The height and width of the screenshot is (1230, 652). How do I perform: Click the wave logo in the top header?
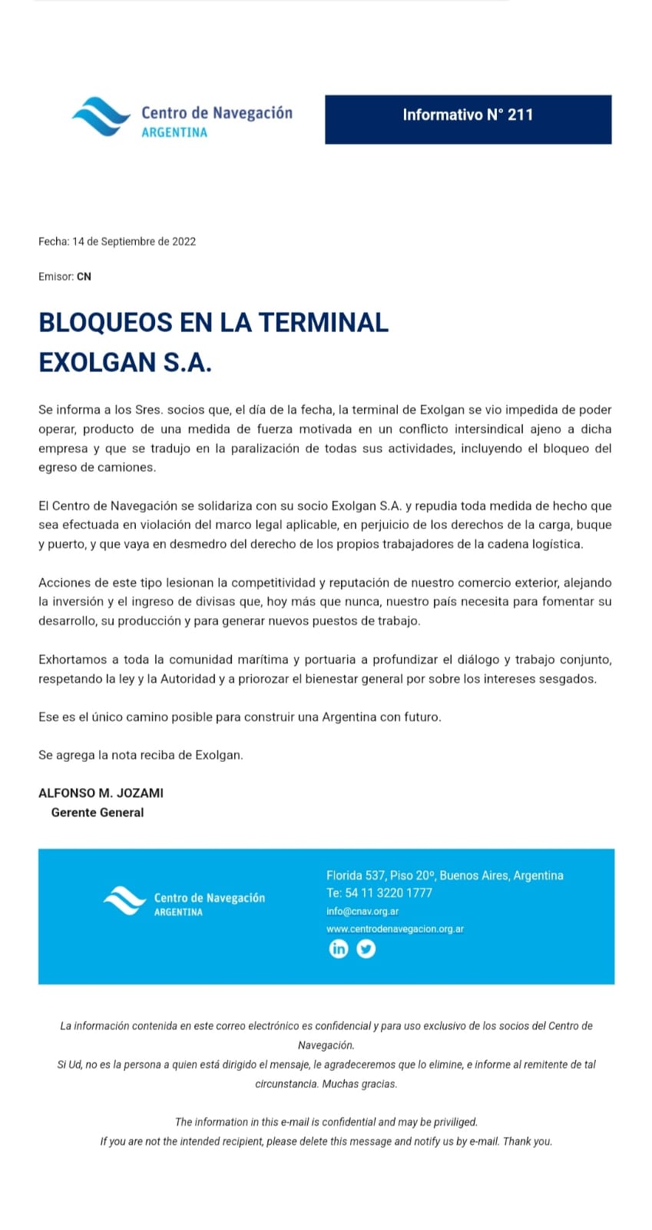(101, 117)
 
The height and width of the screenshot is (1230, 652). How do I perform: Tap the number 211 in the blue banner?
(520, 115)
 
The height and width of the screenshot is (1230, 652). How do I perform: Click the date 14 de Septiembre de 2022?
(134, 241)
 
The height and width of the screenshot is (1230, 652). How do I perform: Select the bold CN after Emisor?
(84, 277)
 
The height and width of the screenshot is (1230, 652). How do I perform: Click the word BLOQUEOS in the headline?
(105, 322)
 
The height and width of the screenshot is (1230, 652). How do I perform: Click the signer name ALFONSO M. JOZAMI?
(101, 793)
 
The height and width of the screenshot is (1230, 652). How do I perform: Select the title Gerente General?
(98, 813)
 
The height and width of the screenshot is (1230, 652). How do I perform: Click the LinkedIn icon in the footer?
(339, 949)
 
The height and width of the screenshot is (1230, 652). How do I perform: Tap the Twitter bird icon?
(366, 949)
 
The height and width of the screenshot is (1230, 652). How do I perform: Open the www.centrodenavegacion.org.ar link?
(395, 929)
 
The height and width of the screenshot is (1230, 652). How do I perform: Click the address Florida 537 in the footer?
(356, 876)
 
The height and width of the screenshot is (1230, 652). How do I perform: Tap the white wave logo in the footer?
(124, 900)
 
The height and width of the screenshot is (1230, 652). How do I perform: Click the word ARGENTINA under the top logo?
(174, 132)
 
